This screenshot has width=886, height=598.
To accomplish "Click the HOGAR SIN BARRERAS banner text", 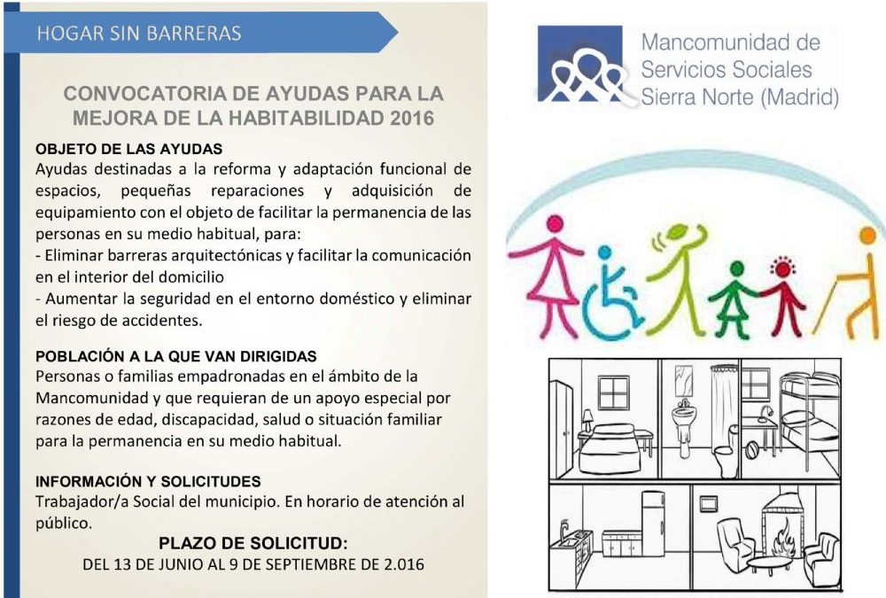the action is tap(139, 34).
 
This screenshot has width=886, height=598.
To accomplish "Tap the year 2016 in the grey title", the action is tap(412, 118).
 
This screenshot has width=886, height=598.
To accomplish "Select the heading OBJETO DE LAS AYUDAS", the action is tap(128, 149).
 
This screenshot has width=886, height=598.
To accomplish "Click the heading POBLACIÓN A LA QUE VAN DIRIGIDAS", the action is tap(176, 357).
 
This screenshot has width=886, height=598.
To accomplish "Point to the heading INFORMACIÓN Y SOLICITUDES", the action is tap(148, 482).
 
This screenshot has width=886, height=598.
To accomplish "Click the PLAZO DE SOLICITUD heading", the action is tap(253, 544).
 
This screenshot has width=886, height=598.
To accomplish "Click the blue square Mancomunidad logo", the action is tap(580, 63).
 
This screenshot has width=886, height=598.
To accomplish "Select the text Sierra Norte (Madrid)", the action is tap(740, 97).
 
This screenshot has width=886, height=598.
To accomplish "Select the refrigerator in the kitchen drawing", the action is tap(653, 524).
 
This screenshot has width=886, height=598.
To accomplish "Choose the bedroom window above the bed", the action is tap(614, 392).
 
